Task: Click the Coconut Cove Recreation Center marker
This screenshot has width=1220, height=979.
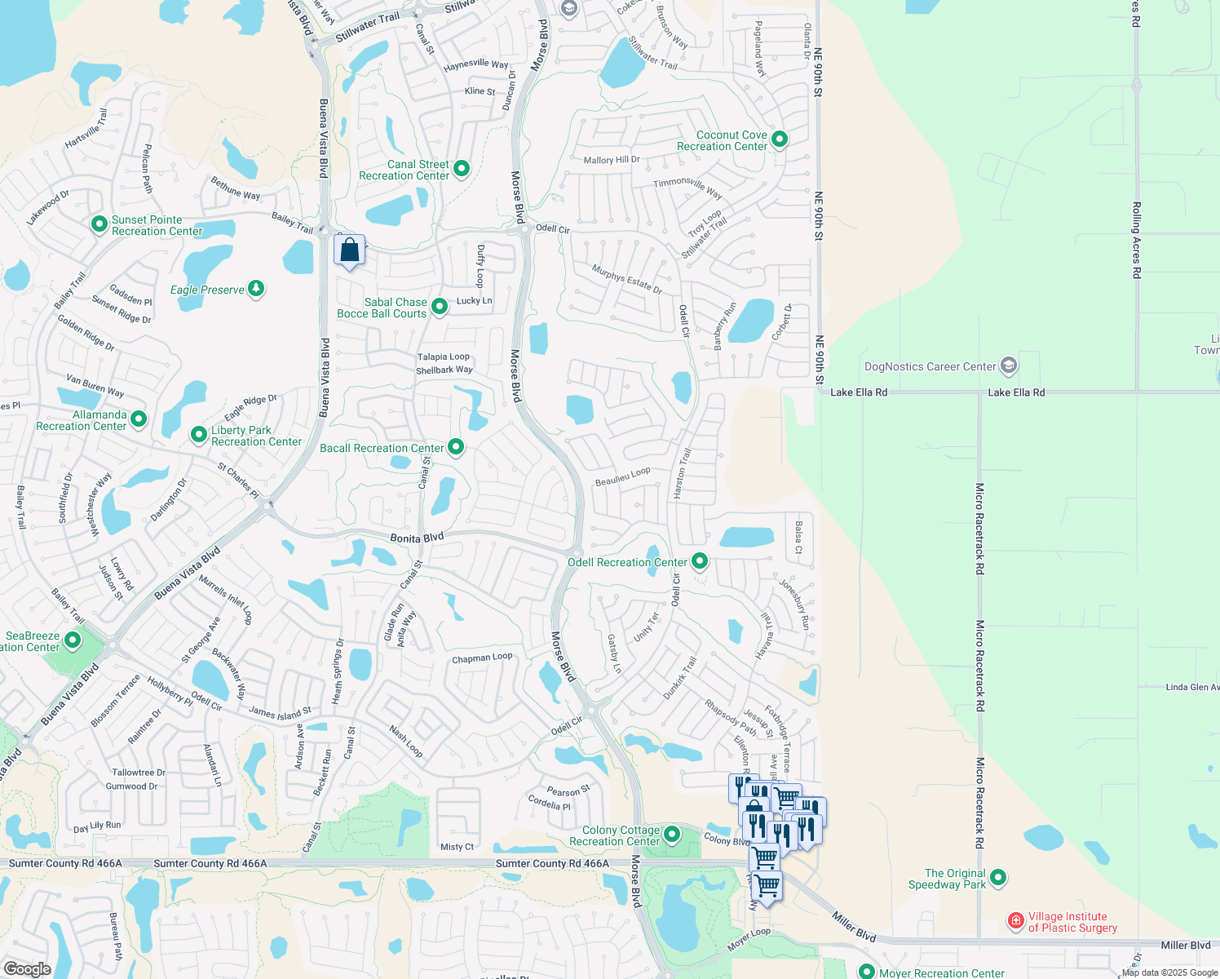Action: (x=779, y=140)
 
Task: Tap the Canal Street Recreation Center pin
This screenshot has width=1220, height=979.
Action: (x=462, y=169)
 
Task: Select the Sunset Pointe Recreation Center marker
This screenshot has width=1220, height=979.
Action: (x=99, y=224)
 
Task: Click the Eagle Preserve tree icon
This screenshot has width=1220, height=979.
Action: (x=256, y=288)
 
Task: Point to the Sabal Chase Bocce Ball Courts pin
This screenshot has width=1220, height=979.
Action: (x=440, y=307)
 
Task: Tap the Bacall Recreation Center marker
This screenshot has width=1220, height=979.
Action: (x=456, y=446)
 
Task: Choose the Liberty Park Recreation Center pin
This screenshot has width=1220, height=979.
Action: (x=199, y=434)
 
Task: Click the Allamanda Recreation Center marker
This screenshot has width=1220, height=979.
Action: (x=139, y=419)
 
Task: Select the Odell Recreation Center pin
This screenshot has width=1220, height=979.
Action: (x=700, y=560)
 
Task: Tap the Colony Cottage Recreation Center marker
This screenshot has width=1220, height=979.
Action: (x=672, y=834)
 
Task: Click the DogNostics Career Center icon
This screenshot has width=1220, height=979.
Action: (x=1009, y=365)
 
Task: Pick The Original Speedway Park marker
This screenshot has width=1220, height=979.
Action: (x=998, y=878)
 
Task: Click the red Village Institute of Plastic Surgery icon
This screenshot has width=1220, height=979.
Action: (x=1015, y=921)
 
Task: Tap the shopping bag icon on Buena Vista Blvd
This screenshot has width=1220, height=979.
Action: (x=349, y=250)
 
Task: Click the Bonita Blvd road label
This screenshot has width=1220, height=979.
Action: (x=417, y=538)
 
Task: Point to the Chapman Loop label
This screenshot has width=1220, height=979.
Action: (x=482, y=658)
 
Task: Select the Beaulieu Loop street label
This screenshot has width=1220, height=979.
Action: (x=622, y=476)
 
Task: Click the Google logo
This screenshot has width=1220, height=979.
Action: (x=27, y=968)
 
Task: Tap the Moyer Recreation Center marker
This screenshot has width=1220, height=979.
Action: (x=867, y=972)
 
